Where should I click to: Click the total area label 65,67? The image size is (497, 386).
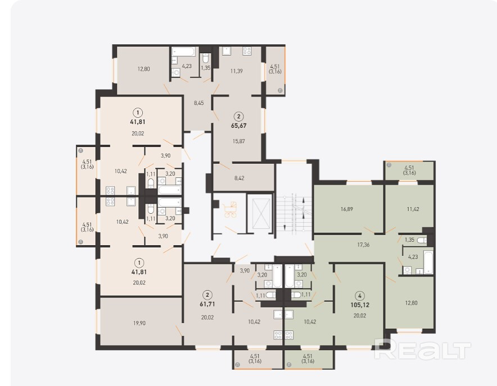point(239,126)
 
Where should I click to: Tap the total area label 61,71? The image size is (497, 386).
point(207,304)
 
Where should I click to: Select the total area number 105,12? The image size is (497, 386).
point(360,305)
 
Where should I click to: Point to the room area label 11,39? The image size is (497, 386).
point(237,71)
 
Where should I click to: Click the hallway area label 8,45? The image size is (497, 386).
point(198,103)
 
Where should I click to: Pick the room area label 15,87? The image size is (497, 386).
point(239,141)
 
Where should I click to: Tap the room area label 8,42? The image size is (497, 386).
point(240,178)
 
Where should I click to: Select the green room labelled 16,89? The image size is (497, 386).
point(347,209)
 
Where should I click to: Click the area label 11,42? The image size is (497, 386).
point(413,209)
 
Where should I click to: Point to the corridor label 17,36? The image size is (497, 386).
point(363,245)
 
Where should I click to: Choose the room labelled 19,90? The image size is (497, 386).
point(139,323)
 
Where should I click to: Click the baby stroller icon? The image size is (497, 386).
point(231,209)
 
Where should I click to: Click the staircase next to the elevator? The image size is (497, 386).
point(294,215)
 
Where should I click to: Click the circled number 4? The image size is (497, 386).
point(360,296)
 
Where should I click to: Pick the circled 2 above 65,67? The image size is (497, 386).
point(239,117)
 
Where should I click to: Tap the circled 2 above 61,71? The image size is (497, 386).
point(207,295)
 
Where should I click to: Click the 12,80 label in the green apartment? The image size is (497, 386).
point(412,303)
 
